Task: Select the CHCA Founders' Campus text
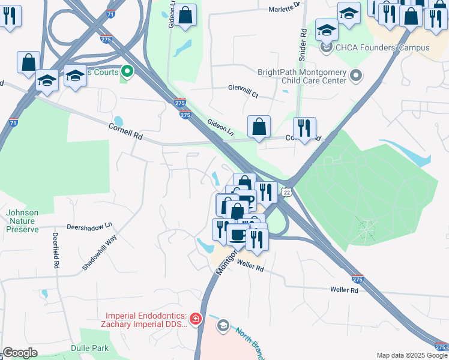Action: pos(382,47)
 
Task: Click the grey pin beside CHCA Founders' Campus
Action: pos(327,47)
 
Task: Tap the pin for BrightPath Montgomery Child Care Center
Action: pos(356,76)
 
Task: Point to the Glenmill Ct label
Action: pos(243,91)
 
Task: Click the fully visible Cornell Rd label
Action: pos(125,131)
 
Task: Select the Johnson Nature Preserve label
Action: pos(22,221)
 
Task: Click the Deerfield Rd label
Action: pos(55,250)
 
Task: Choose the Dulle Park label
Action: pos(89,347)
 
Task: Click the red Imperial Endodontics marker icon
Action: pos(196,317)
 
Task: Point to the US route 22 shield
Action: pos(288,191)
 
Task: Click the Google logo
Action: pos(20,353)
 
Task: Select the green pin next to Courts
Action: pos(127,72)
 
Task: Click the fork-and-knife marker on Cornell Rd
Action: pos(304,128)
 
